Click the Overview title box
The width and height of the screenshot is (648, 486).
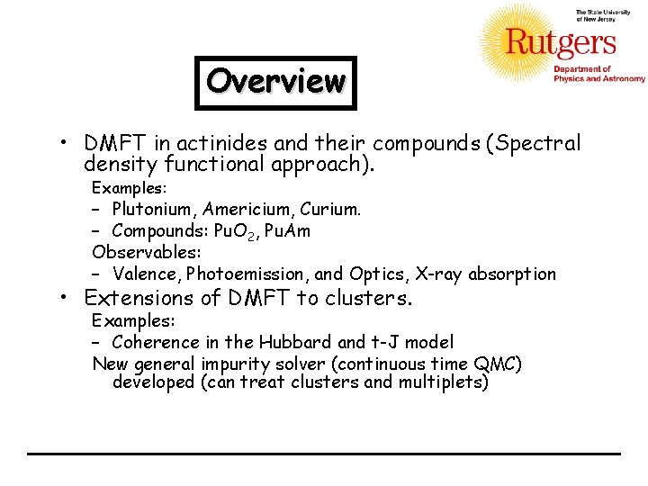[x=275, y=83]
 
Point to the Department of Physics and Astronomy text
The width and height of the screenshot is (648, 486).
[x=598, y=74]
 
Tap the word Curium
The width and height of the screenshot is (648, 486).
[x=331, y=210]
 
